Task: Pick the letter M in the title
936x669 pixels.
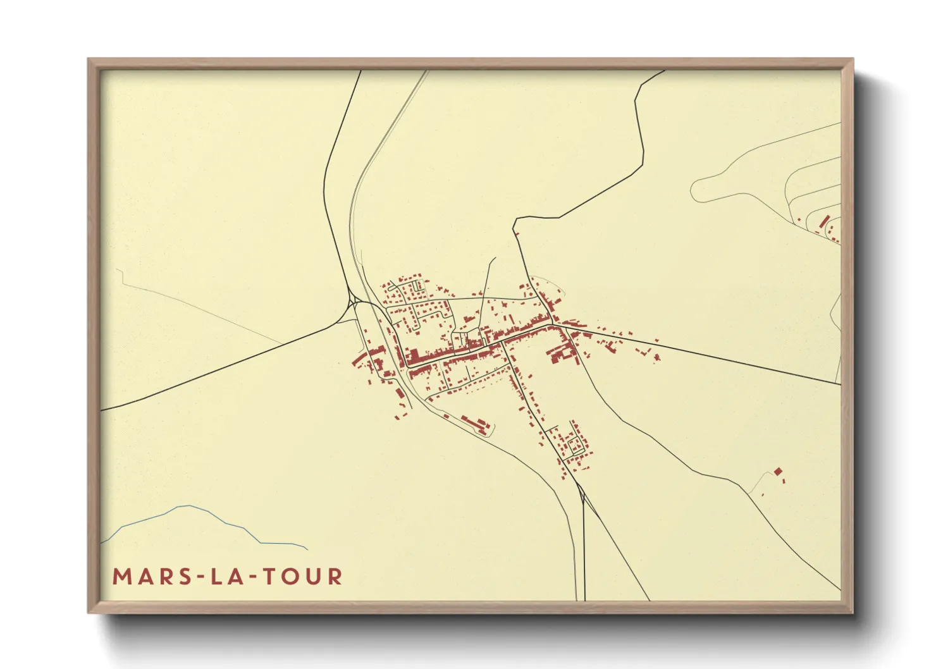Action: click(x=121, y=577)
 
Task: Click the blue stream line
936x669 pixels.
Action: click(x=190, y=507)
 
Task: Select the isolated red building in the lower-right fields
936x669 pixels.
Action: click(x=777, y=471)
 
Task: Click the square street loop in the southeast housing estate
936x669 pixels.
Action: click(x=576, y=446)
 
